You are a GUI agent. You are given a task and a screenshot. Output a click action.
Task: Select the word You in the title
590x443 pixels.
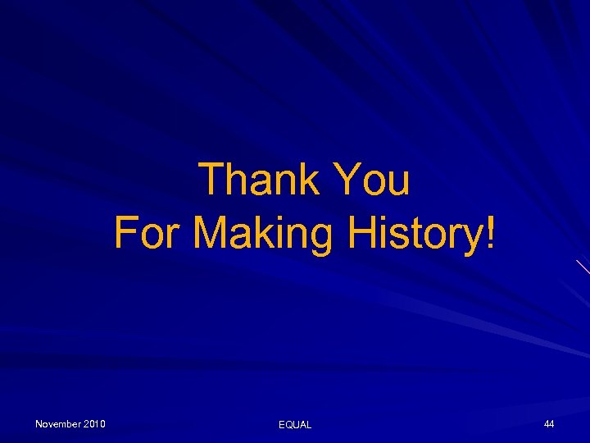tap(373, 180)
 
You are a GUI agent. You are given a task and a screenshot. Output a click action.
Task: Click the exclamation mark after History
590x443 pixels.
tap(490, 232)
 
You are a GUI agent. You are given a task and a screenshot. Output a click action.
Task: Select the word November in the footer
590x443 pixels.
tap(57, 424)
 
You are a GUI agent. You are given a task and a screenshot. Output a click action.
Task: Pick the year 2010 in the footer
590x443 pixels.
tap(94, 424)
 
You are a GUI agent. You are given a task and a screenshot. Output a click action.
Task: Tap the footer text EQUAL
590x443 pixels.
tap(295, 425)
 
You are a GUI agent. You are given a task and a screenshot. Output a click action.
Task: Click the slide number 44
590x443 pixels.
tap(549, 424)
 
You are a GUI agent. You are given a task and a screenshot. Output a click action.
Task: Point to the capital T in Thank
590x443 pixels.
tap(213, 180)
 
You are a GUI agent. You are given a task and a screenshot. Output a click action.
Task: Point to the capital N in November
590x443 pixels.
tap(39, 424)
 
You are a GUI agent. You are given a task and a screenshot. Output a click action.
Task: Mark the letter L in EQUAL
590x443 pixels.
tap(308, 425)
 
